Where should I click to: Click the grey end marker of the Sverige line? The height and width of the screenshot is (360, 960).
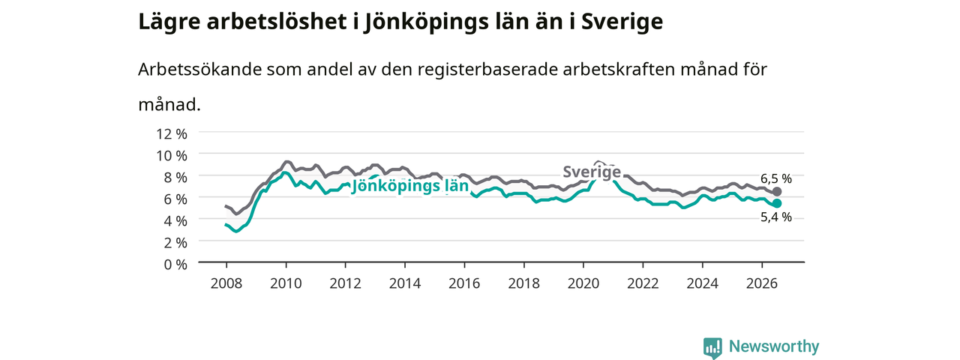coord(776,191)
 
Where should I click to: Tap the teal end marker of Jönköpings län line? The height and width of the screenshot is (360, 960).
coord(776,203)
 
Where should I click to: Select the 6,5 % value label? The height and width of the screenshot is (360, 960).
coord(776,178)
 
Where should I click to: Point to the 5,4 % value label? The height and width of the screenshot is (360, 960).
coord(776,217)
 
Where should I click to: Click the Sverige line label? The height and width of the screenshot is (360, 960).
coord(592,172)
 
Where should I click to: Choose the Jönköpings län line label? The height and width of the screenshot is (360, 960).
coord(409,186)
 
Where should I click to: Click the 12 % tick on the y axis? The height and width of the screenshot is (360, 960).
coord(172,134)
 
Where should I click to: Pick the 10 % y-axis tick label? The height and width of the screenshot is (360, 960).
coord(172,156)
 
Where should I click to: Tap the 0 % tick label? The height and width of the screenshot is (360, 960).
coord(175,265)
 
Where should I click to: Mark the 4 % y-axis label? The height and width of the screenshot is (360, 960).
coord(175,221)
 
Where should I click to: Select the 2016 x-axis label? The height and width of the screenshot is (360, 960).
coord(464,283)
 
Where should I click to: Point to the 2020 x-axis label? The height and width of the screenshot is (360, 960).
coord(583,283)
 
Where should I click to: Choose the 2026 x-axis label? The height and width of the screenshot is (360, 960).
coord(762,283)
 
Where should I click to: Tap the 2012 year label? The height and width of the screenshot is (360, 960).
coord(346,283)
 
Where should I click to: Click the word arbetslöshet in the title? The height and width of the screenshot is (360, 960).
coord(277,22)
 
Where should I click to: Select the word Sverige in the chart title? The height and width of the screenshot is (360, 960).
coord(622,22)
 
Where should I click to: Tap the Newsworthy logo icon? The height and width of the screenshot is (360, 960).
coord(712,347)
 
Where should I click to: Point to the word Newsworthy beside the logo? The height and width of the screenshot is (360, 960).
coord(774,346)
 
